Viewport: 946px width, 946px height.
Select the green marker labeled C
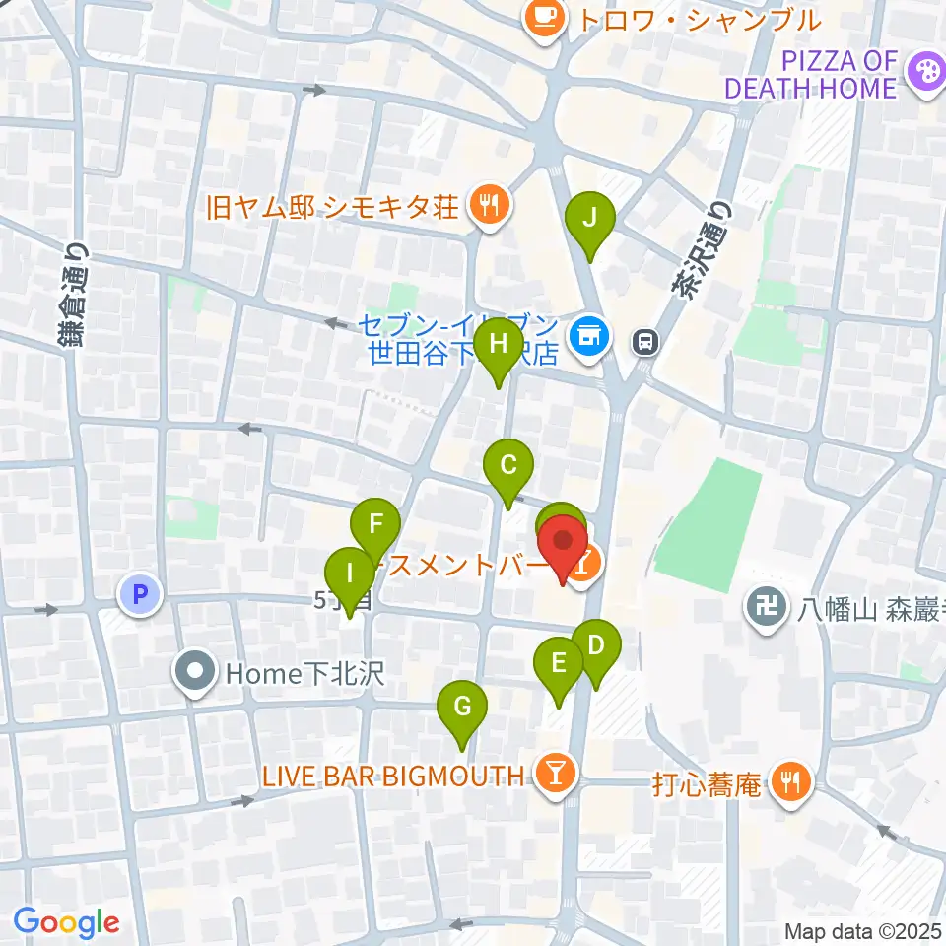[508, 466]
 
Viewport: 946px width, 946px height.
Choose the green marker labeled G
[462, 709]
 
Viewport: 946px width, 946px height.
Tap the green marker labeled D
[596, 648]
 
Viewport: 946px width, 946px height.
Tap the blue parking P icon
[139, 594]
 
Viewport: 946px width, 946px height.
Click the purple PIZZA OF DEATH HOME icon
[925, 71]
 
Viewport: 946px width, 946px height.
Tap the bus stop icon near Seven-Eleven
[646, 341]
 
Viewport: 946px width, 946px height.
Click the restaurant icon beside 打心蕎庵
[790, 783]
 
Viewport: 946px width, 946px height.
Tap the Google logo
[66, 923]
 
